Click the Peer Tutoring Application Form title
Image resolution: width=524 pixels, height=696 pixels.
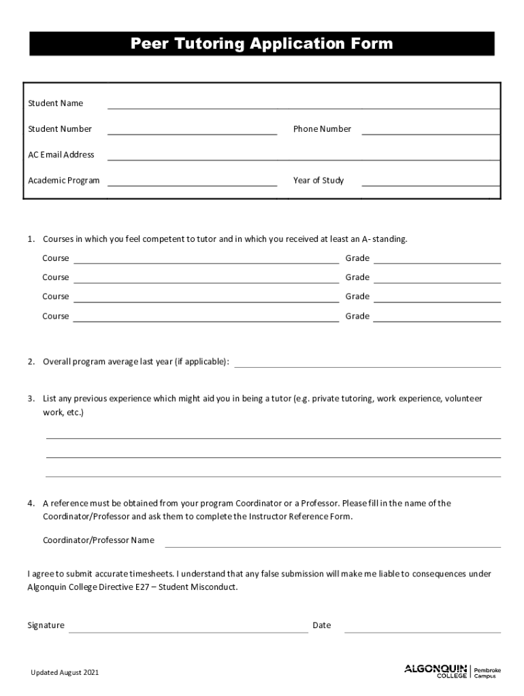click(262, 44)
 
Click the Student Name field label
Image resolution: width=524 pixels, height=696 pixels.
click(55, 103)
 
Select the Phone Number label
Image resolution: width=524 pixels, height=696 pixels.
click(322, 129)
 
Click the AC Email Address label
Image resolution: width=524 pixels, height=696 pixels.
click(61, 155)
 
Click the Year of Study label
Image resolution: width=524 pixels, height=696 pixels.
click(318, 181)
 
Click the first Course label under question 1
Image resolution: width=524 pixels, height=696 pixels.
click(56, 258)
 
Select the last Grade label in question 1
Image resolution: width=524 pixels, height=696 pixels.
click(357, 316)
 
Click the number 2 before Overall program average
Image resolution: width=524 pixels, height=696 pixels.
click(31, 362)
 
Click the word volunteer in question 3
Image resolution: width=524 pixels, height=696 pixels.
click(463, 399)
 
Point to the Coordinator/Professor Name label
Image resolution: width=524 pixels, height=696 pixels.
click(99, 540)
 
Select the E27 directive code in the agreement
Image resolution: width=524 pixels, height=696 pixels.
click(146, 587)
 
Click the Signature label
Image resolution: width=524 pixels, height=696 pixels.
click(46, 625)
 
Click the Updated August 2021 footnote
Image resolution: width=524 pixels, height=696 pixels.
click(65, 673)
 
